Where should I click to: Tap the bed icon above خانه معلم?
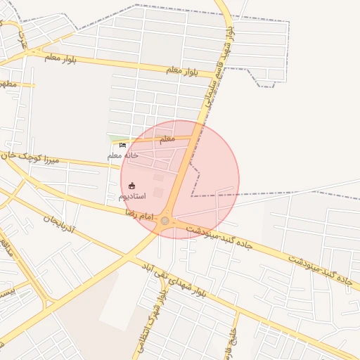coord(123,146)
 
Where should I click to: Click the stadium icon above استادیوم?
coord(131,186)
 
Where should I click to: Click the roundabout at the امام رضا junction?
coord(165,221)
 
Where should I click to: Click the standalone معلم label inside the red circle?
coord(167,139)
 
